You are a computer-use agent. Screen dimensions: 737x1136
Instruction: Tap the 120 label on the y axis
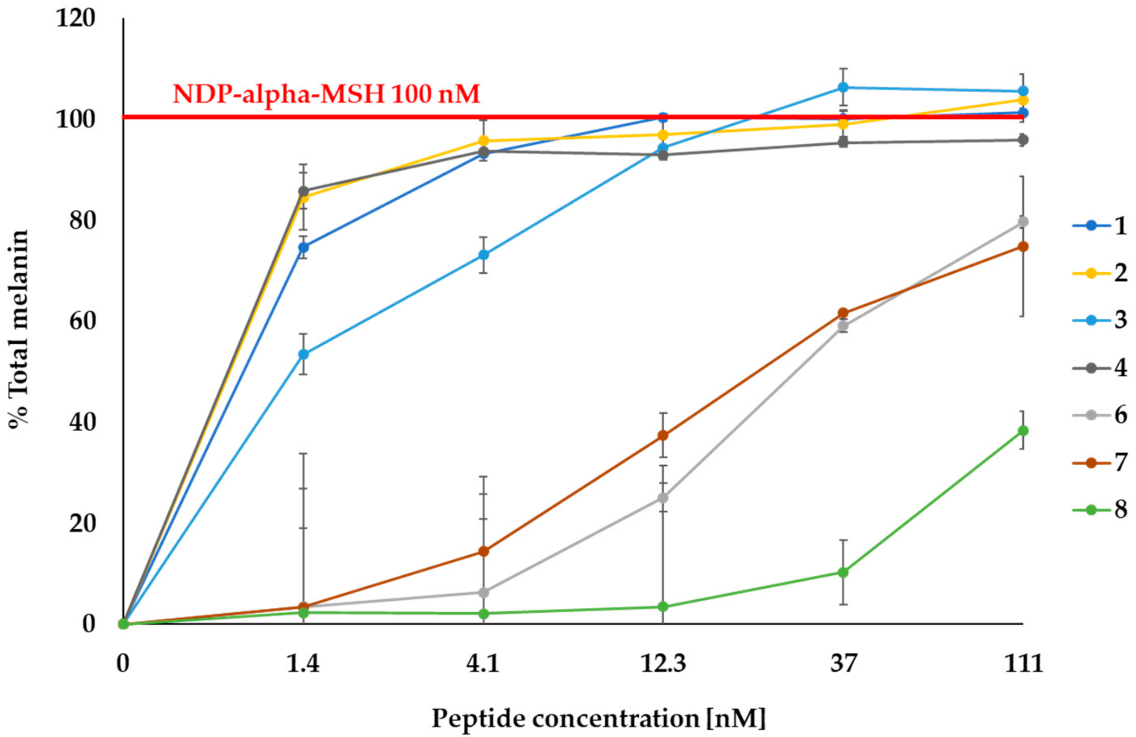pyautogui.click(x=75, y=19)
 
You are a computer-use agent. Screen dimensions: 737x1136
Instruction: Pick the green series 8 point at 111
pyautogui.click(x=1023, y=431)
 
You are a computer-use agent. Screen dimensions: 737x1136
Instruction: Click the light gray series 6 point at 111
pyautogui.click(x=1023, y=222)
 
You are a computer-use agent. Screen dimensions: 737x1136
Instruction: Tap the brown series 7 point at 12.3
pyautogui.click(x=663, y=435)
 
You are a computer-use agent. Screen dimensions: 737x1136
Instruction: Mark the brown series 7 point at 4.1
pyautogui.click(x=483, y=551)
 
